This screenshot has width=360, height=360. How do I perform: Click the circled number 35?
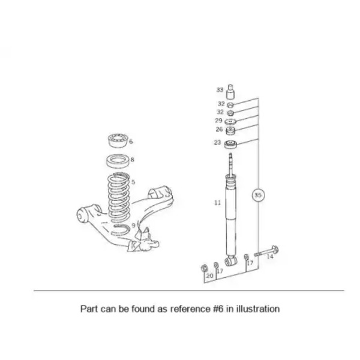pyautogui.click(x=258, y=195)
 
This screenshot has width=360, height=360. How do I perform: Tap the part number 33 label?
pyautogui.click(x=220, y=90)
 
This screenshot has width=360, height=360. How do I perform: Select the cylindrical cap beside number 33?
pyautogui.click(x=230, y=92)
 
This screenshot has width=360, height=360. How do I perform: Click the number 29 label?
pyautogui.click(x=218, y=121)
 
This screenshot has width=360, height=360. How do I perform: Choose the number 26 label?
pyautogui.click(x=219, y=129)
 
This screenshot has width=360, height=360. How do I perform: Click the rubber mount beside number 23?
pyautogui.click(x=230, y=145)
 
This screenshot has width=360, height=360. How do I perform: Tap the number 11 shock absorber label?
pyautogui.click(x=217, y=203)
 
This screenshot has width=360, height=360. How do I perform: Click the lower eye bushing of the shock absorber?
pyautogui.click(x=231, y=261)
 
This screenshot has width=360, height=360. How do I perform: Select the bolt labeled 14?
pyautogui.click(x=266, y=252)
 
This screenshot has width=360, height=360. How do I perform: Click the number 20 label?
pyautogui.click(x=209, y=275)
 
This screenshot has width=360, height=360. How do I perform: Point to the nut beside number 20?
pyautogui.click(x=203, y=268)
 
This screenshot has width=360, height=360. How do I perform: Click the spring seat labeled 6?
pyautogui.click(x=118, y=140)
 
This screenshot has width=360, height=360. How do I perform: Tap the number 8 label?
pyautogui.click(x=132, y=160)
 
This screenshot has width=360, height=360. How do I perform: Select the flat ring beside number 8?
pyautogui.click(x=118, y=161)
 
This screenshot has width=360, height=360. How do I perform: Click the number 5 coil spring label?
pyautogui.click(x=133, y=182)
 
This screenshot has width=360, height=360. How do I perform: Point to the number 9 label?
pyautogui.click(x=133, y=226)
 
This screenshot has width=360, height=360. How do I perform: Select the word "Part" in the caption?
pyautogui.click(x=89, y=309)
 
